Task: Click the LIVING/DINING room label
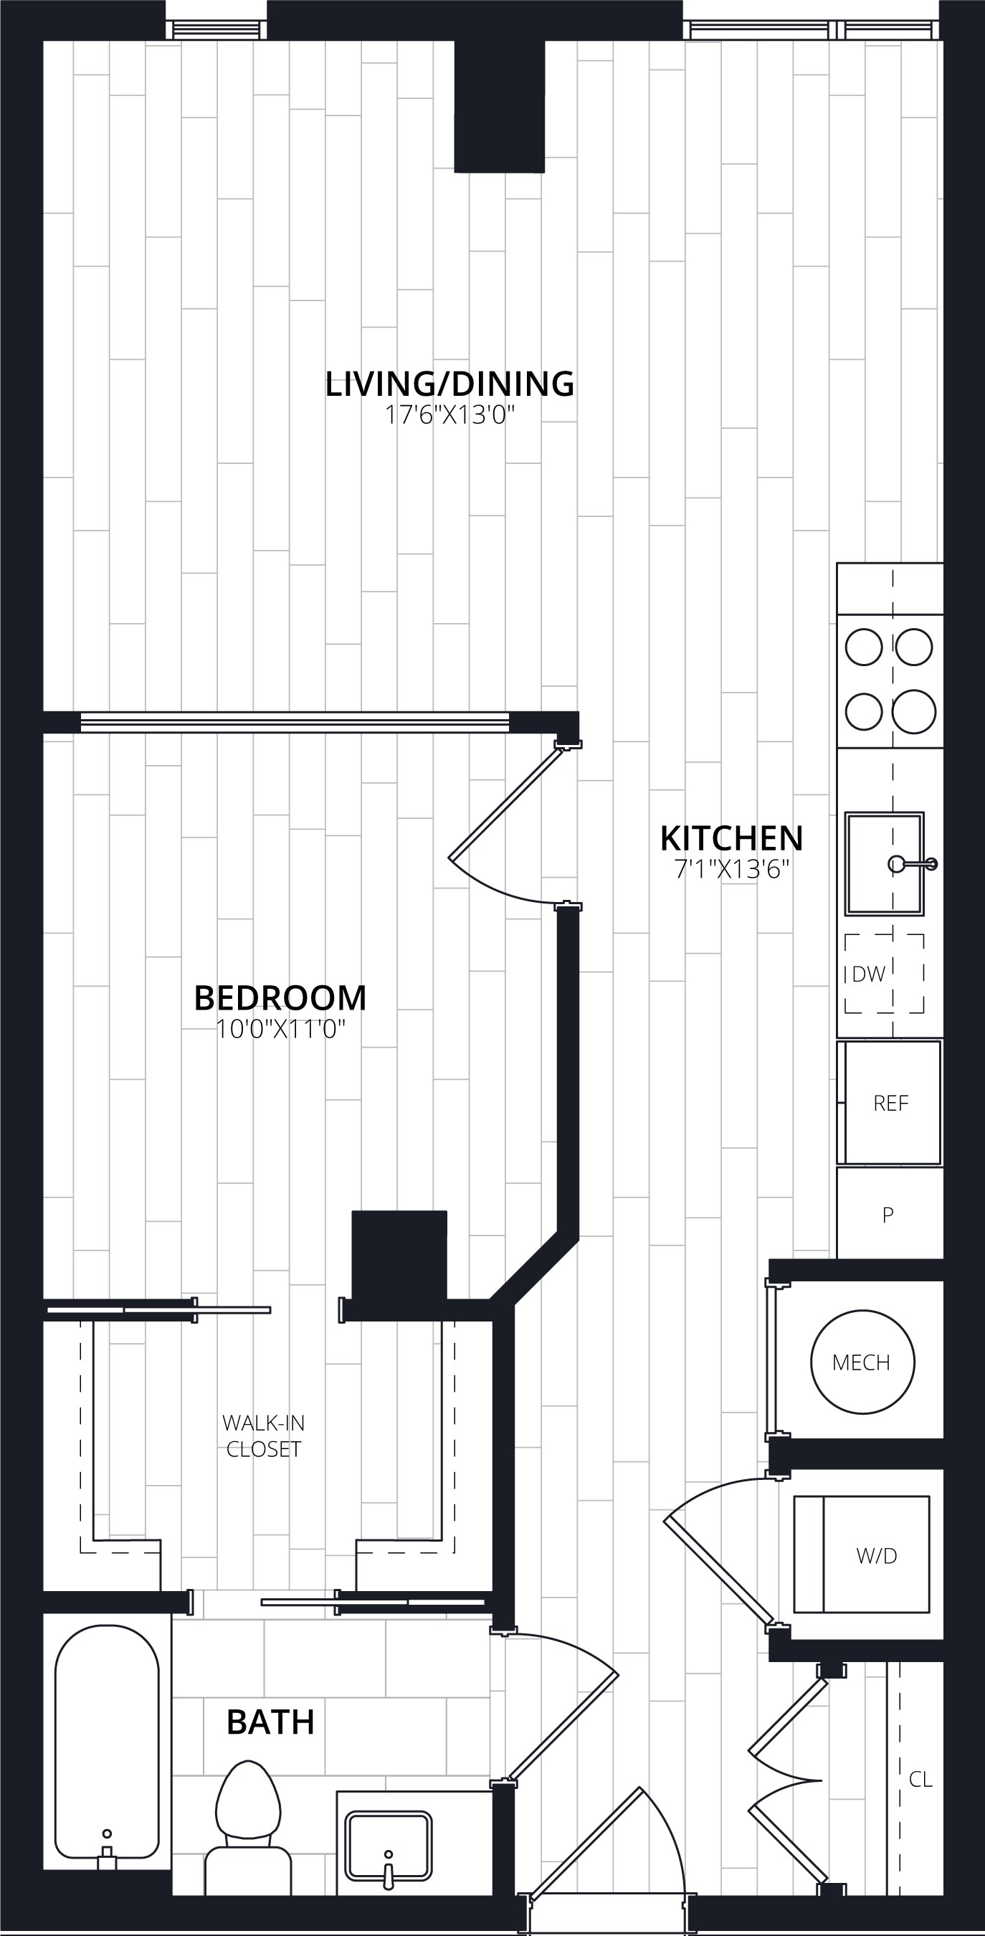[449, 384]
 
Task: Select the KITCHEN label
[732, 838]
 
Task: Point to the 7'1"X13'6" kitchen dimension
[732, 870]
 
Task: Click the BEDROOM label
[280, 997]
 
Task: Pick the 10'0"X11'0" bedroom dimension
[280, 1029]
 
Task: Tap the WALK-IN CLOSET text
[264, 1436]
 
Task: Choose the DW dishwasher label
[869, 974]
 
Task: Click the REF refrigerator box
[890, 1103]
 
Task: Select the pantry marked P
[890, 1213]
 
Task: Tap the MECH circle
[862, 1362]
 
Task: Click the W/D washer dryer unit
[862, 1555]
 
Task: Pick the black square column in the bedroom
[399, 1254]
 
